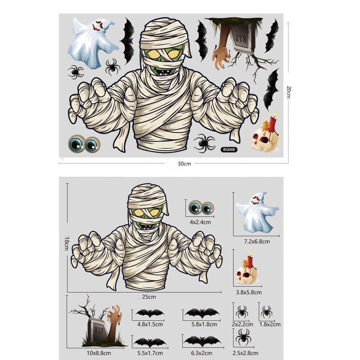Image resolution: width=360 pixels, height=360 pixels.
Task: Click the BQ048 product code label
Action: (x=229, y=149)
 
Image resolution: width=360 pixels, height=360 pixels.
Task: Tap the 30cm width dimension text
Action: (x=184, y=164)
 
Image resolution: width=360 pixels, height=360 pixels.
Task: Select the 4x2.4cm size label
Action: (x=200, y=222)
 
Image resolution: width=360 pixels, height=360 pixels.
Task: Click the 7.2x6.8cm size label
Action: (x=257, y=242)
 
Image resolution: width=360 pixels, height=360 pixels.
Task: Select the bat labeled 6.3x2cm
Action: (x=202, y=341)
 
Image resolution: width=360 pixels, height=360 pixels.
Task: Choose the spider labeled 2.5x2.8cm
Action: (x=243, y=337)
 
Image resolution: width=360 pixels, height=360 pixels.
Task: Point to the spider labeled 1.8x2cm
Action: (x=266, y=311)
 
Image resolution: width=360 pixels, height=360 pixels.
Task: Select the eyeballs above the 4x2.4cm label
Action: (x=201, y=208)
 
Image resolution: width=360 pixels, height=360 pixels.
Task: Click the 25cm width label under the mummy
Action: (x=149, y=297)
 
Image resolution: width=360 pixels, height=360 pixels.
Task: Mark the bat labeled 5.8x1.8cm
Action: (x=202, y=313)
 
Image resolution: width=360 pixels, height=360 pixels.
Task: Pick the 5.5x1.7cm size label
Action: (x=150, y=352)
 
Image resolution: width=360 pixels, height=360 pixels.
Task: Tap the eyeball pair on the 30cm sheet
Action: (x=84, y=144)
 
